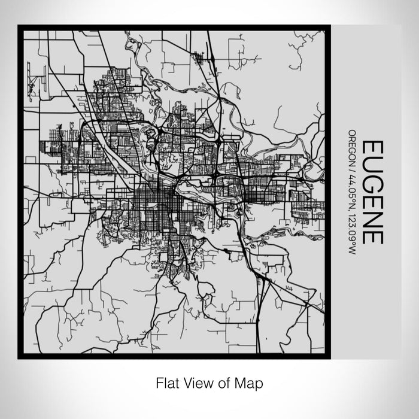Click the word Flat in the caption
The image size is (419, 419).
(168, 382)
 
